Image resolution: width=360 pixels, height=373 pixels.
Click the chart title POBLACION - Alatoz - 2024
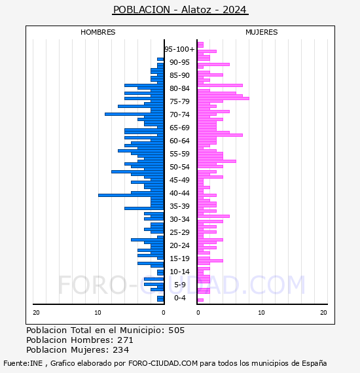180,10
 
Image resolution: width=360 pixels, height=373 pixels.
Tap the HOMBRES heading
98,32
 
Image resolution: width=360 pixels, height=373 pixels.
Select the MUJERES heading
262,32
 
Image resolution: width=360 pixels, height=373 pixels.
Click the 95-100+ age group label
179,49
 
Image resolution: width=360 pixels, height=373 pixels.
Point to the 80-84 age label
179,88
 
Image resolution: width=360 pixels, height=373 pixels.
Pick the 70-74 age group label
179,115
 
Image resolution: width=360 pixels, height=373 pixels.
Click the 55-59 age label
179,154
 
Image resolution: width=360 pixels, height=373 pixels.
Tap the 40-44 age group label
179,193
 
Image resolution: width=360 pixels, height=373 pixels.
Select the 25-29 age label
179,232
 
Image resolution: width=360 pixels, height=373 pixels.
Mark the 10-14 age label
179,272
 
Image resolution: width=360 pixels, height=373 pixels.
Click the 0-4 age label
179,298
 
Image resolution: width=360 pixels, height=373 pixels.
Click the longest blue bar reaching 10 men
131,195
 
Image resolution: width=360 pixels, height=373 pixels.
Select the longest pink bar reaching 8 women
223,98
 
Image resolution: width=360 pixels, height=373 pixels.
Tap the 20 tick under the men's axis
36,313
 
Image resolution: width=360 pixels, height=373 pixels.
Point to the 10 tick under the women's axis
261,313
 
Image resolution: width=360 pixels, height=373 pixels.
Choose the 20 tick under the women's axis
323,313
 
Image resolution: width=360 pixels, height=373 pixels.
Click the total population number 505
176,330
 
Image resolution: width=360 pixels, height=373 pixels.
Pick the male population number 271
125,340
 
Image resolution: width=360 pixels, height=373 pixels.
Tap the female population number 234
121,350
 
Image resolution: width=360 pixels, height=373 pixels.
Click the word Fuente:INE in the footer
23,363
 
